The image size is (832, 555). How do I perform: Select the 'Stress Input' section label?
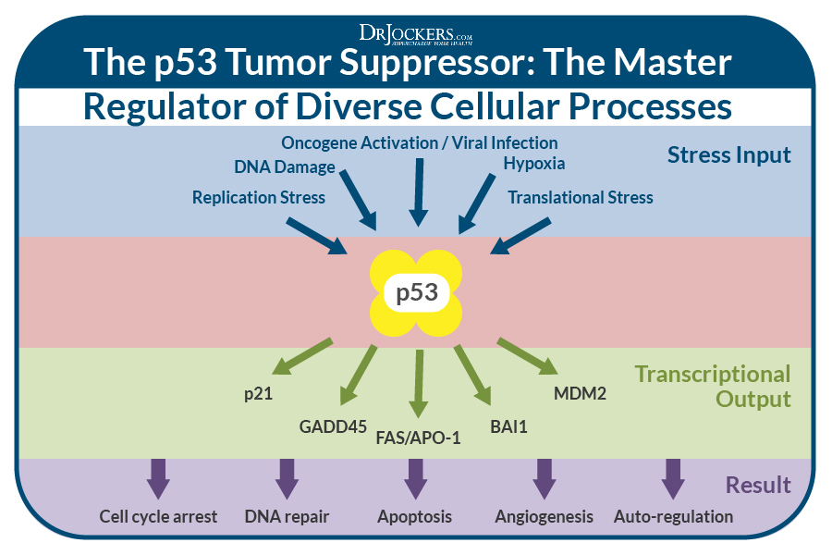click(x=728, y=154)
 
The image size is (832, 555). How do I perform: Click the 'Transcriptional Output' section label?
click(x=712, y=387)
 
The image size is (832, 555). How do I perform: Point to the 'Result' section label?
click(x=757, y=485)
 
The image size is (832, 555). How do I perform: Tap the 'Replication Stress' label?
click(x=259, y=197)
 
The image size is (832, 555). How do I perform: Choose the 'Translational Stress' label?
click(x=580, y=197)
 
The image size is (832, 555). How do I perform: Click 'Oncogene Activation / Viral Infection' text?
click(x=419, y=142)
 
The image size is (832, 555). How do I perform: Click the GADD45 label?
click(x=326, y=426)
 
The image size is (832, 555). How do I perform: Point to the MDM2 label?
click(x=580, y=393)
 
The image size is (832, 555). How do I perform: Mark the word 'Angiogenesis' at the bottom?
click(x=544, y=516)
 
